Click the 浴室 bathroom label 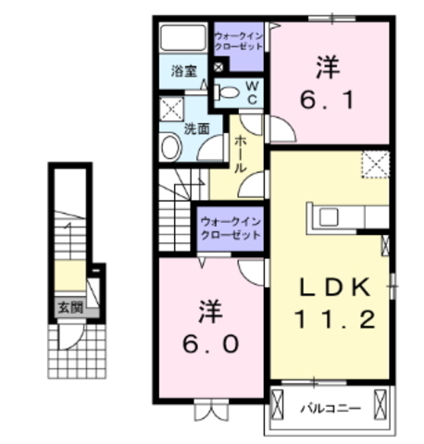[x=184, y=71]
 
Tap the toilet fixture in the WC [x=227, y=92]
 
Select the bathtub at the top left [x=183, y=37]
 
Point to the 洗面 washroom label [x=196, y=129]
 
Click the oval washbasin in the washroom [x=171, y=147]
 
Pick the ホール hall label [x=241, y=154]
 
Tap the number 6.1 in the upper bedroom [x=327, y=99]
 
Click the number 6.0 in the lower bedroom [x=211, y=343]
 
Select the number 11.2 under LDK [x=335, y=319]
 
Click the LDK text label [x=335, y=287]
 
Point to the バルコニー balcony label [x=330, y=409]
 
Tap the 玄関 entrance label [x=70, y=307]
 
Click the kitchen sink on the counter [x=329, y=217]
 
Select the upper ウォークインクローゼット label [x=239, y=42]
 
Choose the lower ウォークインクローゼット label [x=231, y=228]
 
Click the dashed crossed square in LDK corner [x=376, y=165]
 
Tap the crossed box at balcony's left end [x=277, y=404]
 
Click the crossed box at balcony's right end [x=380, y=404]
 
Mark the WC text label [x=252, y=92]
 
